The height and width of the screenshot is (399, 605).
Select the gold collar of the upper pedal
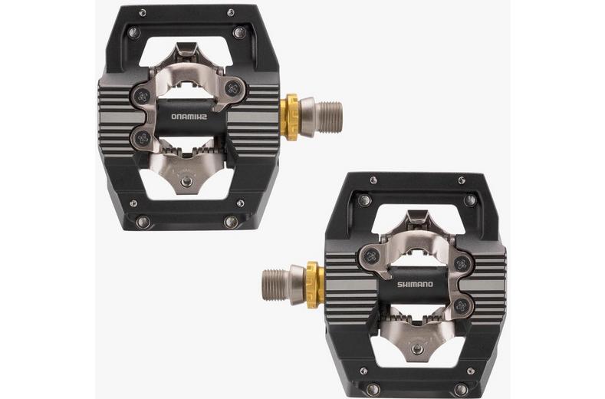(x=291, y=117)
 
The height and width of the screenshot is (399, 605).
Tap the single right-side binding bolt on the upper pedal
(x=233, y=85)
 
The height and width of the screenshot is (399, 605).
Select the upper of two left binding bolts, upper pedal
(x=143, y=95)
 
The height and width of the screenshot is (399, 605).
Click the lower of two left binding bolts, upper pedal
(x=142, y=139)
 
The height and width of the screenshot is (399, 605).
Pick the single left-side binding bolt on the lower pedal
(x=370, y=256)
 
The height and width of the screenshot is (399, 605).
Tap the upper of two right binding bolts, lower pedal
(x=461, y=262)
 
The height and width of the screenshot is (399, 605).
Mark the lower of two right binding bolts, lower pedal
(x=462, y=305)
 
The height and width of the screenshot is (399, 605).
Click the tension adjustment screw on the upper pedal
(x=186, y=181)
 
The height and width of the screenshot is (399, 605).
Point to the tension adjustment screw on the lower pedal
(x=416, y=347)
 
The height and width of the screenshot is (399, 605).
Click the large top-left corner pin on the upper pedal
(x=134, y=32)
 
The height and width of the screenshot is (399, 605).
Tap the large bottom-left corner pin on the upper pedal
(x=143, y=222)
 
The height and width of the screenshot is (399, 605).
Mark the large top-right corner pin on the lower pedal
(x=469, y=200)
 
